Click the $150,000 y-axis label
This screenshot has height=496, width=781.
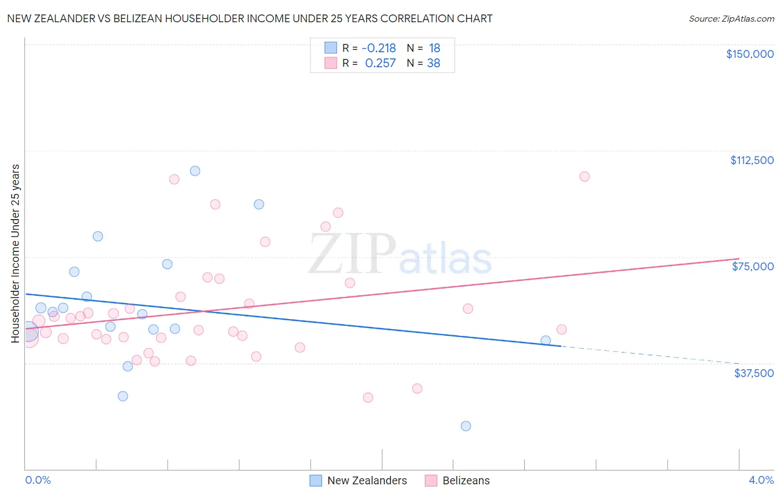tap(749, 54)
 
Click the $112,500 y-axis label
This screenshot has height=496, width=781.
tap(752, 160)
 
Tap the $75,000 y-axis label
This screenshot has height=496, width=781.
tap(753, 266)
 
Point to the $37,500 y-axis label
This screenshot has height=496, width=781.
tap(754, 373)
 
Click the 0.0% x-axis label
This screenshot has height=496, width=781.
tap(38, 480)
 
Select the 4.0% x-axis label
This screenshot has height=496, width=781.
tap(761, 480)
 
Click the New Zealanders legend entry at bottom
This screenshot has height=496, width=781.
tap(367, 480)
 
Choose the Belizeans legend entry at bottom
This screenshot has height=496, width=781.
tap(465, 480)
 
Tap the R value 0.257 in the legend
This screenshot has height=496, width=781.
tap(381, 63)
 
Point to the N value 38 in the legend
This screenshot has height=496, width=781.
tap(433, 63)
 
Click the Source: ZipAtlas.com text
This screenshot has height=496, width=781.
tap(731, 19)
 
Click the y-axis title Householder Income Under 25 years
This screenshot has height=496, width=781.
tap(16, 254)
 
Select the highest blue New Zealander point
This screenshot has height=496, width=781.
tap(195, 171)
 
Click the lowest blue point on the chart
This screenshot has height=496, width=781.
tap(466, 426)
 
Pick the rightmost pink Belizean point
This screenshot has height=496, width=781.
tap(584, 176)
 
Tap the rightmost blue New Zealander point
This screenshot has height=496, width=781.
tap(545, 340)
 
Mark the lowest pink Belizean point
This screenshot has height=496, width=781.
tap(368, 398)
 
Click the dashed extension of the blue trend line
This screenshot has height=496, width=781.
tap(650, 355)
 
